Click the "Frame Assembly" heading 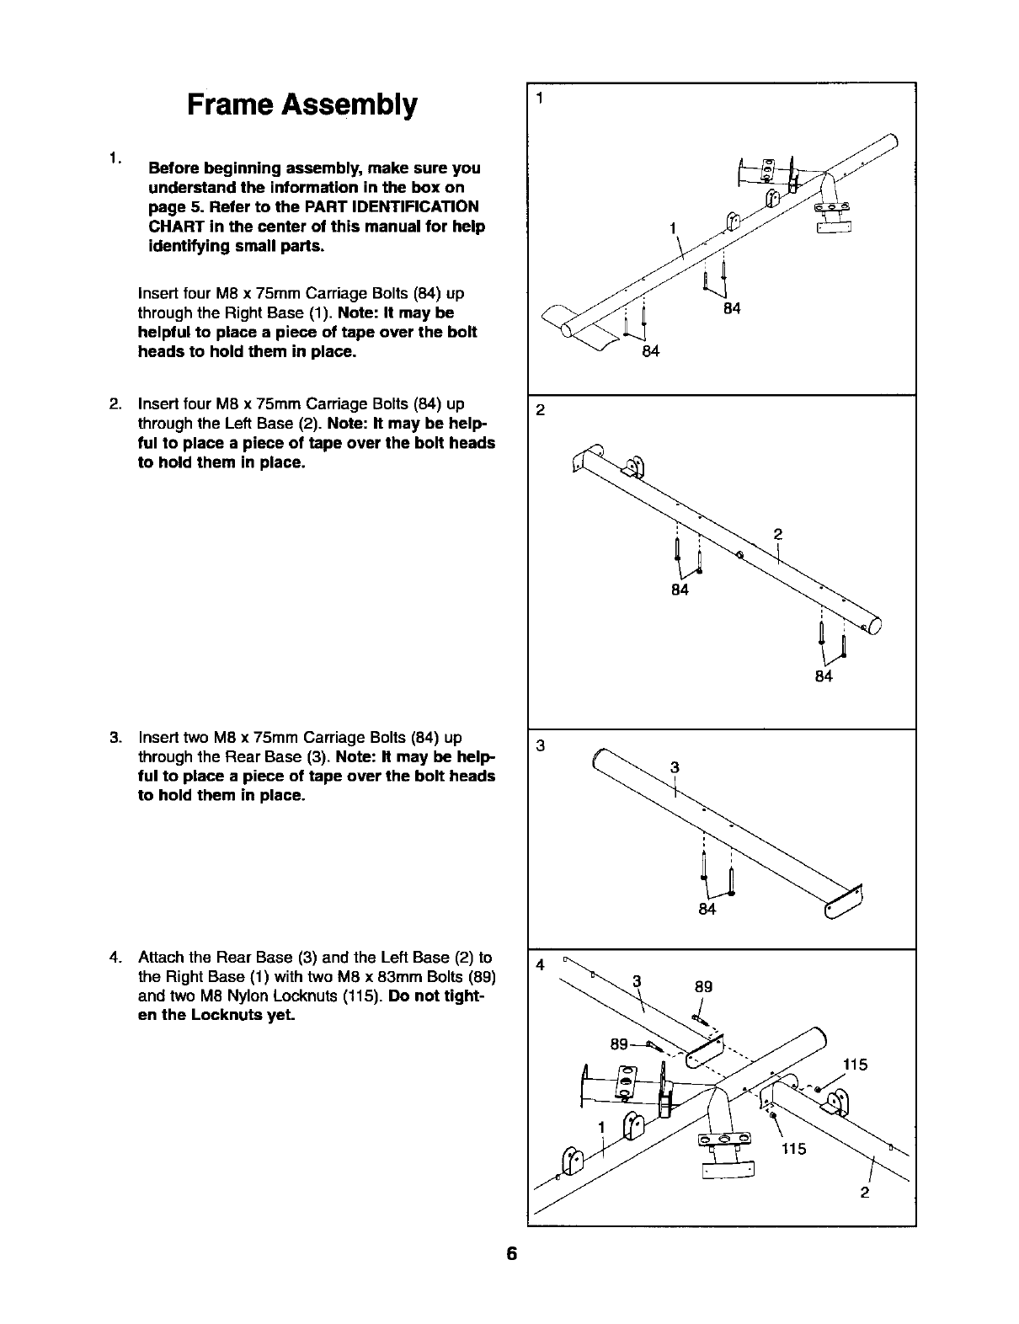click(301, 105)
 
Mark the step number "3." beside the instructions click(116, 738)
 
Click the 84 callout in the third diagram click(707, 909)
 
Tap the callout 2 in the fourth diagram click(864, 1193)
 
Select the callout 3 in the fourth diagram click(638, 980)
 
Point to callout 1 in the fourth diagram click(601, 1128)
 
